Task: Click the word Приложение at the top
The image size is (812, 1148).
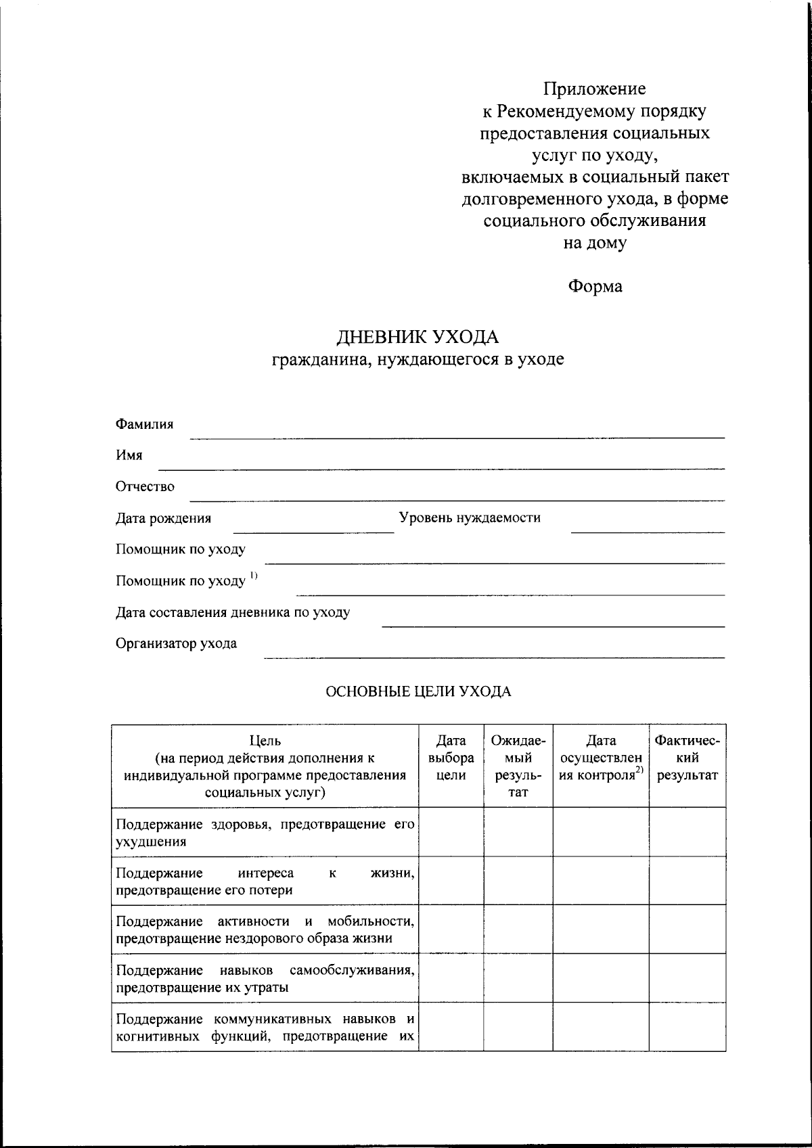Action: (x=594, y=89)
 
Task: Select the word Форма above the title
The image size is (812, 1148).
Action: (x=594, y=286)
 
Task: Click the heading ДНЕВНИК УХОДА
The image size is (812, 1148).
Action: (x=418, y=336)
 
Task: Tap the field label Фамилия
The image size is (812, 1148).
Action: (x=144, y=424)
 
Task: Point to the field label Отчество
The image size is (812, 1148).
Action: (x=145, y=486)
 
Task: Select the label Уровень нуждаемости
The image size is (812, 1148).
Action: (x=470, y=518)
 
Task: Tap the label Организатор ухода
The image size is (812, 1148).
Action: (x=176, y=643)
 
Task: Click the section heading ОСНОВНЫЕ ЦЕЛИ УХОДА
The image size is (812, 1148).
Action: (x=418, y=691)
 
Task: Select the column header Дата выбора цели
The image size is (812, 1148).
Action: (x=451, y=758)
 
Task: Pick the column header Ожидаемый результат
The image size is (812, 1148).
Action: (x=518, y=766)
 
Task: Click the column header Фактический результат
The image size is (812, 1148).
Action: (x=687, y=758)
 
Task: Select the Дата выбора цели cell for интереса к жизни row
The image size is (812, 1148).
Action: (x=451, y=881)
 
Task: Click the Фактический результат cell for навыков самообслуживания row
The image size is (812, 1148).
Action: (x=687, y=978)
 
